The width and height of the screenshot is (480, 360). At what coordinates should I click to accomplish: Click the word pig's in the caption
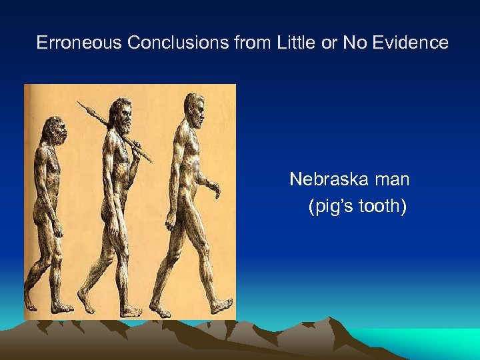coord(331,207)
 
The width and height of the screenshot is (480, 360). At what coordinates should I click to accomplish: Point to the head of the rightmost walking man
coord(193,106)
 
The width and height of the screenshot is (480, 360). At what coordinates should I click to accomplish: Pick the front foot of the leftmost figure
coord(63,308)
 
